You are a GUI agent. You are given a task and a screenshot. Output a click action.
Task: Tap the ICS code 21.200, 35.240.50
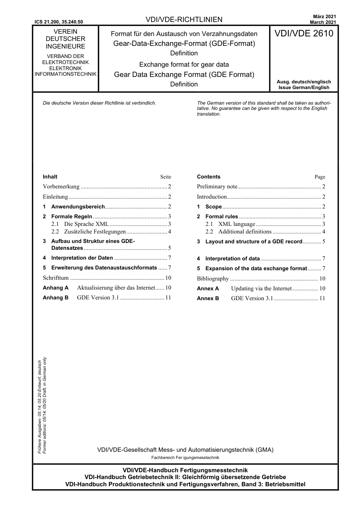tap(59, 22)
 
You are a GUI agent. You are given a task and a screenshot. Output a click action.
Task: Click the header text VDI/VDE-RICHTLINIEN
tap(184, 20)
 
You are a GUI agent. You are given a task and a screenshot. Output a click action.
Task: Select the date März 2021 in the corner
tap(324, 17)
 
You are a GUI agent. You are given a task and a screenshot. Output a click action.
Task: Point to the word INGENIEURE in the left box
tap(66, 46)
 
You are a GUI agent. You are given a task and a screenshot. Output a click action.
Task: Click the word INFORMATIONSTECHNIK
tap(66, 74)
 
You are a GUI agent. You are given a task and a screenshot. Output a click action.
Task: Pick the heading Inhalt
tap(50, 177)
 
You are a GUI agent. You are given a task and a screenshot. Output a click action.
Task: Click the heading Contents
tap(208, 177)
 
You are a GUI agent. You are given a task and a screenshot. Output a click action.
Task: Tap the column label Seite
tap(166, 177)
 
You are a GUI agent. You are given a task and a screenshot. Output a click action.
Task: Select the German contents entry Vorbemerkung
tap(61, 186)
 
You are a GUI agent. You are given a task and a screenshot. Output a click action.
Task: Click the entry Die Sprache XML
tap(86, 224)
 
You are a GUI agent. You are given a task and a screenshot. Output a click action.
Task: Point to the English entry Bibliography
tap(213, 279)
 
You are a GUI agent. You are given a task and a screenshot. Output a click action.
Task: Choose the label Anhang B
tap(56, 298)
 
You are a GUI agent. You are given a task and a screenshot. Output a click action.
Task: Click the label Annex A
tap(208, 288)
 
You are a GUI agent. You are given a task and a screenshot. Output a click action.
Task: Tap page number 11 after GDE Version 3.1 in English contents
tap(322, 298)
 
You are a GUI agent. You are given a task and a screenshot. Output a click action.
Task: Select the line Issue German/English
tap(304, 88)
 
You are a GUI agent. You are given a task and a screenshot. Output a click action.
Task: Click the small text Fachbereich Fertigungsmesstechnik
tap(185, 457)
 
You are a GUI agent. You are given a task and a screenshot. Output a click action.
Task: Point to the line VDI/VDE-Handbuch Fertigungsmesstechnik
tap(185, 470)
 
